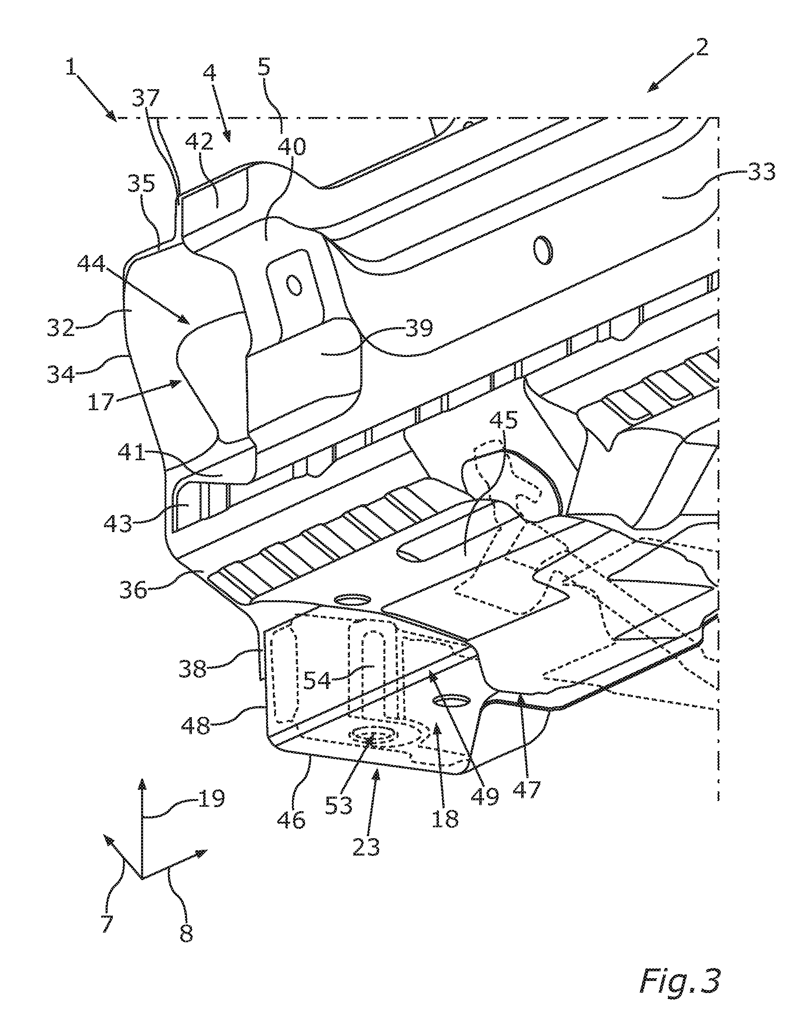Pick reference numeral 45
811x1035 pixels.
click(504, 421)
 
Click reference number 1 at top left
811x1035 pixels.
click(72, 66)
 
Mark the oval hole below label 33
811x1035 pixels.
click(543, 251)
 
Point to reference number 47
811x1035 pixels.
click(528, 789)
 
